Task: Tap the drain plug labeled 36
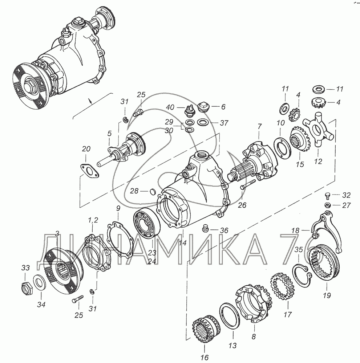click(205, 229)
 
